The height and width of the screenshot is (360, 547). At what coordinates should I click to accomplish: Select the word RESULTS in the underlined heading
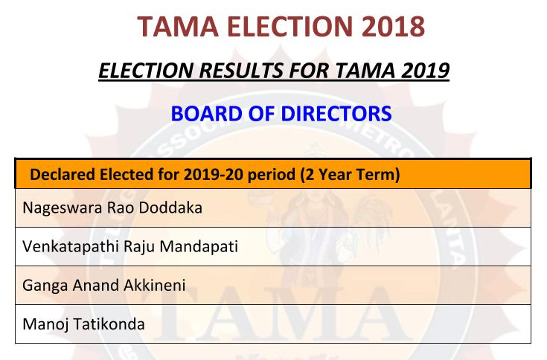point(241,71)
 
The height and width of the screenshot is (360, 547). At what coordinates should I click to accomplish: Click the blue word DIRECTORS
point(336,114)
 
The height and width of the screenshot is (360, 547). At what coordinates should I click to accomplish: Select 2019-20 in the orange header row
point(213,174)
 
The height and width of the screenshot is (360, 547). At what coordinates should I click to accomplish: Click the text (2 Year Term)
point(350,175)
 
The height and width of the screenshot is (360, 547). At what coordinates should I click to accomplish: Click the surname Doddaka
point(170,208)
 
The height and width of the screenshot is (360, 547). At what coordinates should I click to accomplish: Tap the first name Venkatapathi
point(71,247)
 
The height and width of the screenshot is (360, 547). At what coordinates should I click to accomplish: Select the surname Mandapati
point(199,246)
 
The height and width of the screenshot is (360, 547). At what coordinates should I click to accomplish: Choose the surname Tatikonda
point(109,324)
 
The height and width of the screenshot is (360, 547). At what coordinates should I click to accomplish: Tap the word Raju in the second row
point(139,247)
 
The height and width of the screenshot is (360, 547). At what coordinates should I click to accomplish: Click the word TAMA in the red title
point(178,26)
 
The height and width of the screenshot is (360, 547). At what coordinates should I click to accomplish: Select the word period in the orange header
point(271,175)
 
